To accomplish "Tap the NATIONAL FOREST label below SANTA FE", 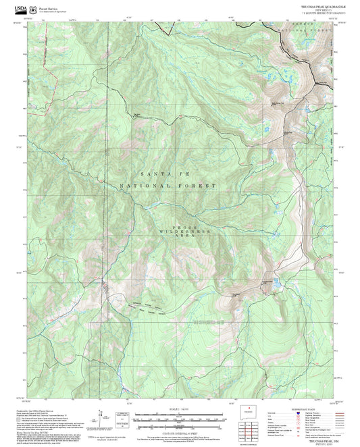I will (168, 186).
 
